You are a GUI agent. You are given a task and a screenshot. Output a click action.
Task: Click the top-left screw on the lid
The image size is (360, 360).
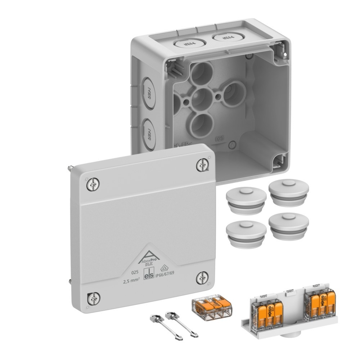[93, 185]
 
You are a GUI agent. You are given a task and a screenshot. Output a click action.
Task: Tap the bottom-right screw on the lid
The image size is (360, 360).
[202, 278]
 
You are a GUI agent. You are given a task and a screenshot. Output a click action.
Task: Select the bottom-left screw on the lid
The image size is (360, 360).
[93, 298]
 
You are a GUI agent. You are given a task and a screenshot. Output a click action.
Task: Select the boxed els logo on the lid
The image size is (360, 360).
[149, 274]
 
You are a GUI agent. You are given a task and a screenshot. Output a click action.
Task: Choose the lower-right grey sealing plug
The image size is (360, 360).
[288, 226]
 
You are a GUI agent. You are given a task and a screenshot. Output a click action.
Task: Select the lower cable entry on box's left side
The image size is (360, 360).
[148, 134]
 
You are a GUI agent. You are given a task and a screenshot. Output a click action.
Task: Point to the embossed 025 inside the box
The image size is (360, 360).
[219, 138]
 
